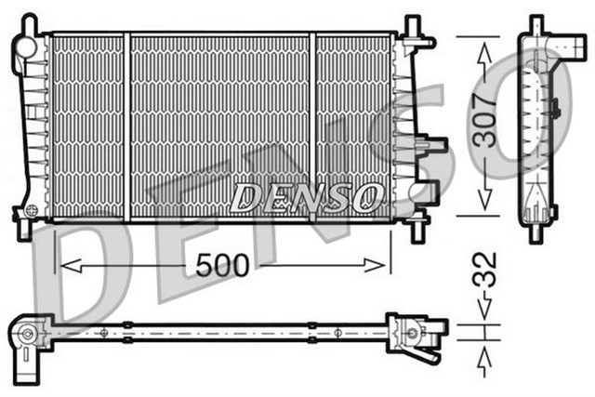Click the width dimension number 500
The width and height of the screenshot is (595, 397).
tap(222, 265)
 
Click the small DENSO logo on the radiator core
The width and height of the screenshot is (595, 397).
tap(307, 196)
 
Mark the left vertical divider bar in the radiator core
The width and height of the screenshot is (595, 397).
tap(126, 126)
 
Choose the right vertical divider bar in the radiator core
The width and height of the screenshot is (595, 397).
tap(313, 126)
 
